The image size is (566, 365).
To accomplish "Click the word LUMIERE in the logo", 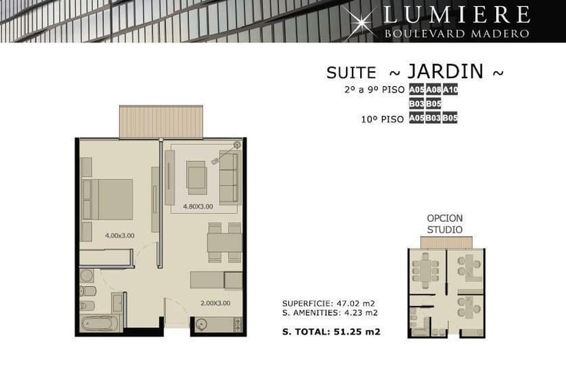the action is tap(457, 15).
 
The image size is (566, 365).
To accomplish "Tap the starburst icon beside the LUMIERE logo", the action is tap(359, 23).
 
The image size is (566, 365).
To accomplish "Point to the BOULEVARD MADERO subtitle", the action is tap(457, 34).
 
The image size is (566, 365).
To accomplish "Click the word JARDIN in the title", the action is tap(446, 71).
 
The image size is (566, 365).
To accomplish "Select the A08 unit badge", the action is tap(433, 90).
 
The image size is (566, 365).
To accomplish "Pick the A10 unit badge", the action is tap(450, 90).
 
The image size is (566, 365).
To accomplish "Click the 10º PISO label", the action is tap(383, 119).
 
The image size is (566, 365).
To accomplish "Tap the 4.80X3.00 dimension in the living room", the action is tap(198, 207).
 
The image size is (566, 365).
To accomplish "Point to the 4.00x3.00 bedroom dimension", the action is tap(120, 236).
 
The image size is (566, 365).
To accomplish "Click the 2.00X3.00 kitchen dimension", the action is tap(215, 303).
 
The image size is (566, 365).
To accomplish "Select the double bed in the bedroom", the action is tap(107, 199).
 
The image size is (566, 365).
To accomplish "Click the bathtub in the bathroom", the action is tap(99, 323).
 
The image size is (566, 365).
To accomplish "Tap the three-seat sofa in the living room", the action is tap(230, 177).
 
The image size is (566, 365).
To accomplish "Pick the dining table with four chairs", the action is tap(224, 242).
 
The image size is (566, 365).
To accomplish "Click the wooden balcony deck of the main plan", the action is tap(161, 121).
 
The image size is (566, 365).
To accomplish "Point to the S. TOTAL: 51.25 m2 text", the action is tap(332, 331).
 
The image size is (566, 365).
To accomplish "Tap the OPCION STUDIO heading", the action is tap(445, 224).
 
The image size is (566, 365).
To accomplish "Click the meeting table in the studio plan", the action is tap(426, 271).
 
